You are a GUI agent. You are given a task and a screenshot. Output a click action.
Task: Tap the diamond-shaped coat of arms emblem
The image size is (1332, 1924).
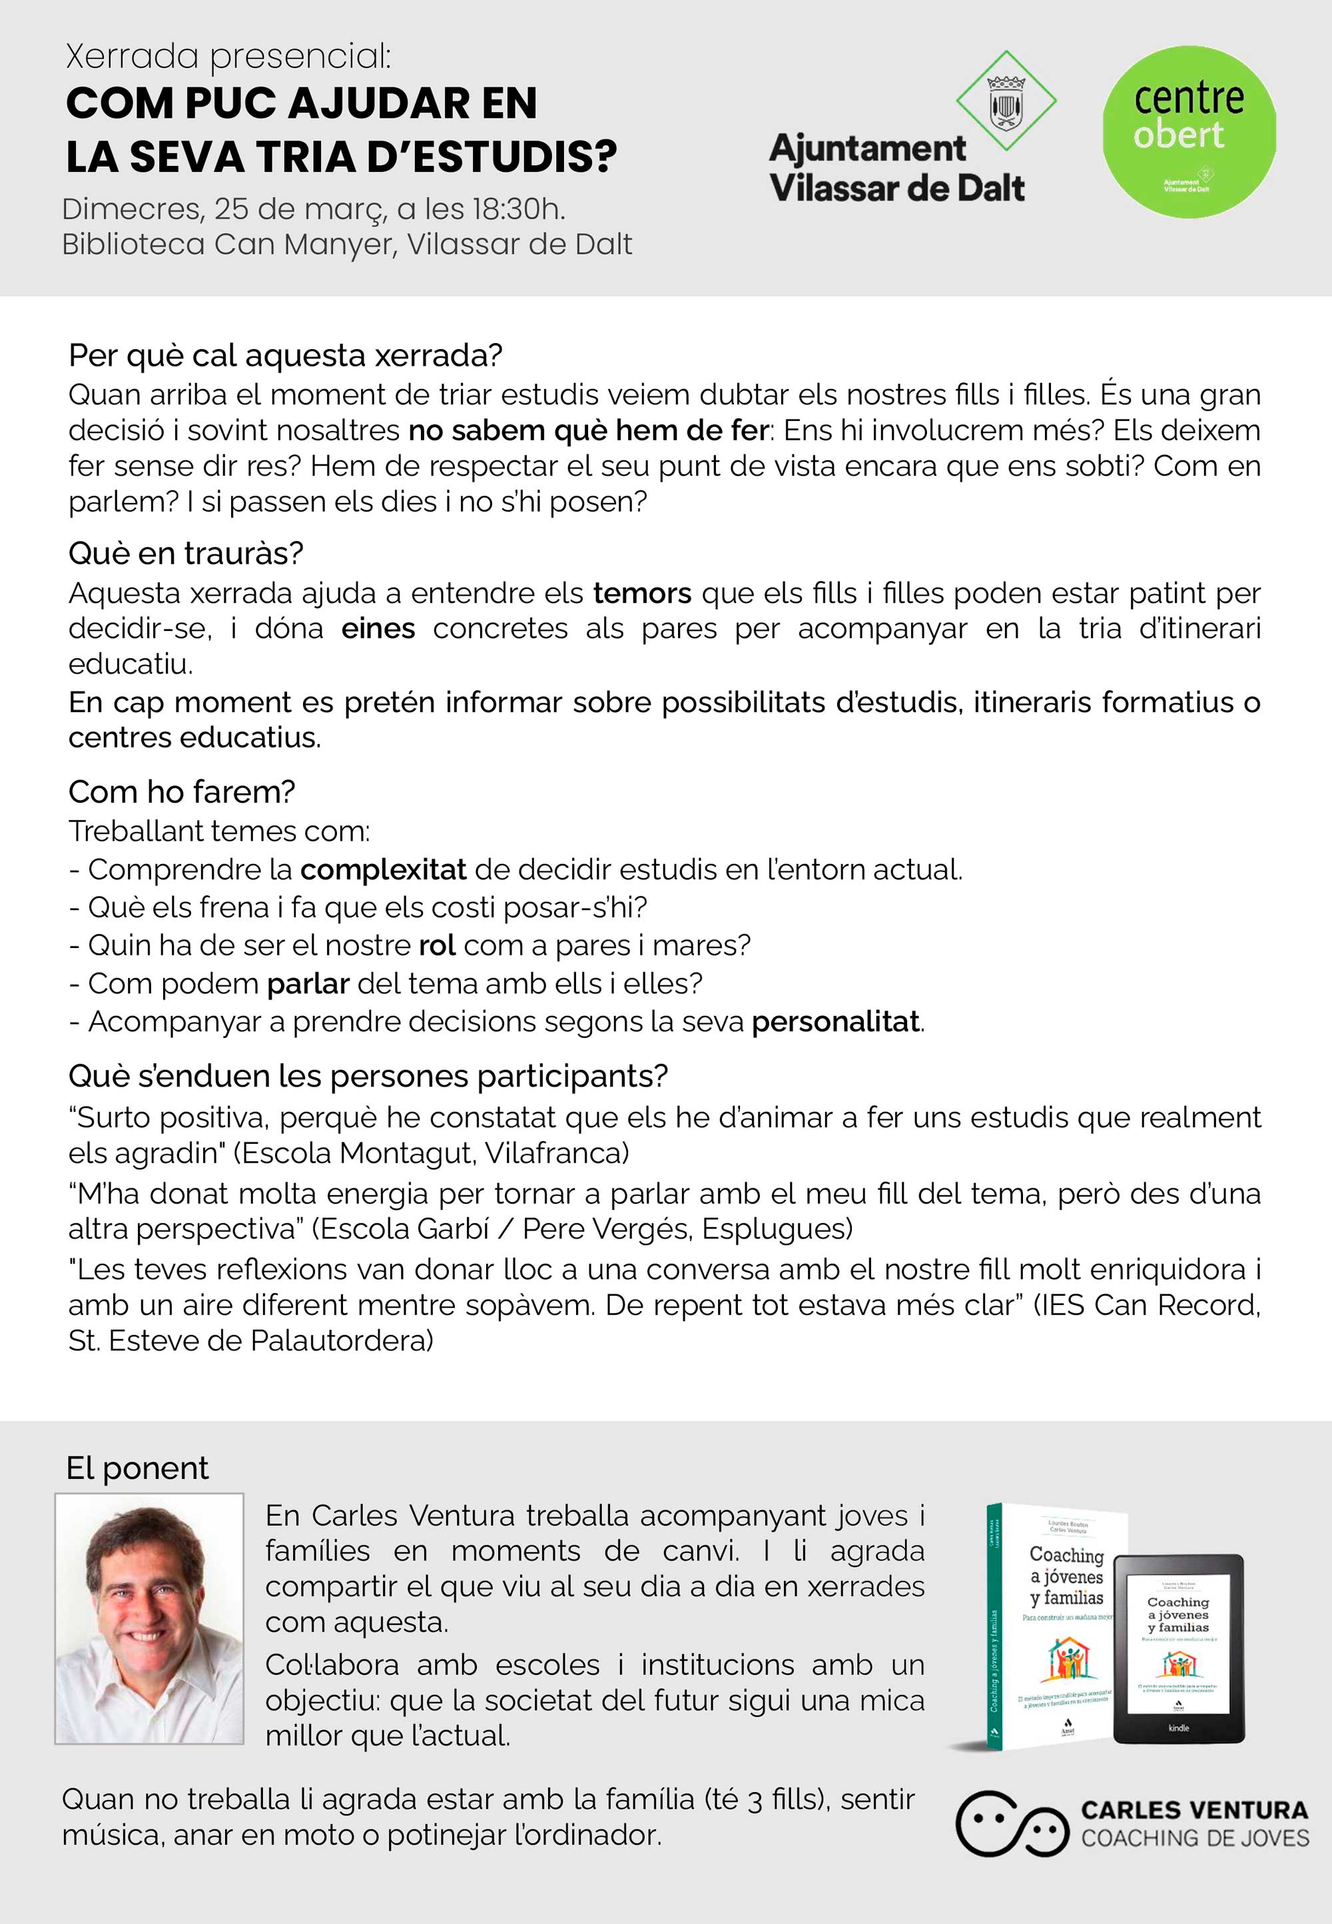[x=1006, y=102]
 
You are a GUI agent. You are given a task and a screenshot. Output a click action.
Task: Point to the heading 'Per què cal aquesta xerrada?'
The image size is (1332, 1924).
[x=286, y=356]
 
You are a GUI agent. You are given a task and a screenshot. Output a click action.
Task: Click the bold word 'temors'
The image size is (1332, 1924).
[x=642, y=593]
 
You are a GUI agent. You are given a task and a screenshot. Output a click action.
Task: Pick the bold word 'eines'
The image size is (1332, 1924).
[x=378, y=628]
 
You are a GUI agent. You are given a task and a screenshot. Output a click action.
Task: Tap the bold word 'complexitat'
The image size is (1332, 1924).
[x=383, y=870]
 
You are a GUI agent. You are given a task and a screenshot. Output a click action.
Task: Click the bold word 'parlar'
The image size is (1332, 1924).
[x=308, y=983]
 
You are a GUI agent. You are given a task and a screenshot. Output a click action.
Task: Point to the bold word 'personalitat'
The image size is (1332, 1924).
[x=835, y=1022]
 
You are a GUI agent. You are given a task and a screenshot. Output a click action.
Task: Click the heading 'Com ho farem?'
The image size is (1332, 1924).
[x=182, y=791]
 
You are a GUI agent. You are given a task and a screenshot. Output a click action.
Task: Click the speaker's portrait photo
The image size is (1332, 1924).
[x=149, y=1618]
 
